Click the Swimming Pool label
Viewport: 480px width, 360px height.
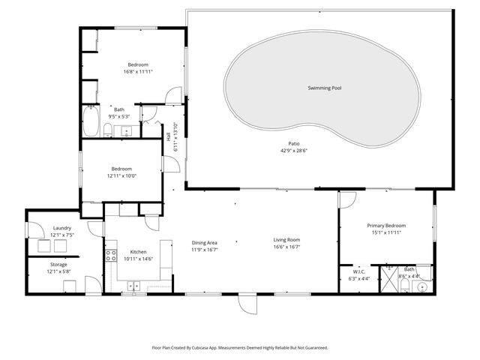324,88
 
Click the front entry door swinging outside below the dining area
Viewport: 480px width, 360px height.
247,303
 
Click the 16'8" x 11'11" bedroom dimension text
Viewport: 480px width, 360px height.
138,72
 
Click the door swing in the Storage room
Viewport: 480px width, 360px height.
91,284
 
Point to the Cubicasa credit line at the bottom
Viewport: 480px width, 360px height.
239,347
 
